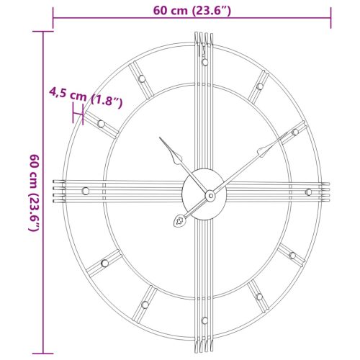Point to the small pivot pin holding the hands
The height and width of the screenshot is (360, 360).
[210, 194]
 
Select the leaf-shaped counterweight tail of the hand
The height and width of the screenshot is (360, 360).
[178, 221]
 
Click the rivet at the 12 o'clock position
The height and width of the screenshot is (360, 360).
[204, 62]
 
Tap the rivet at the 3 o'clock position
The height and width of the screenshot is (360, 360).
[308, 191]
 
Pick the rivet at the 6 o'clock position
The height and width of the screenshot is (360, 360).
[204, 320]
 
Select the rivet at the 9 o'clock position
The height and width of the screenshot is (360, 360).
[86, 191]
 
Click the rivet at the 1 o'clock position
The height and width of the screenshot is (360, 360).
[259, 86]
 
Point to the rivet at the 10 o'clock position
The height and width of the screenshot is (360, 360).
[101, 124]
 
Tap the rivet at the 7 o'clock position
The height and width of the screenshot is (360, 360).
[143, 305]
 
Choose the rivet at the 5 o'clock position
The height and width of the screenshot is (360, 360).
[258, 296]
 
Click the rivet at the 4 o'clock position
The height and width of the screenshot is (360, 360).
[292, 253]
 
